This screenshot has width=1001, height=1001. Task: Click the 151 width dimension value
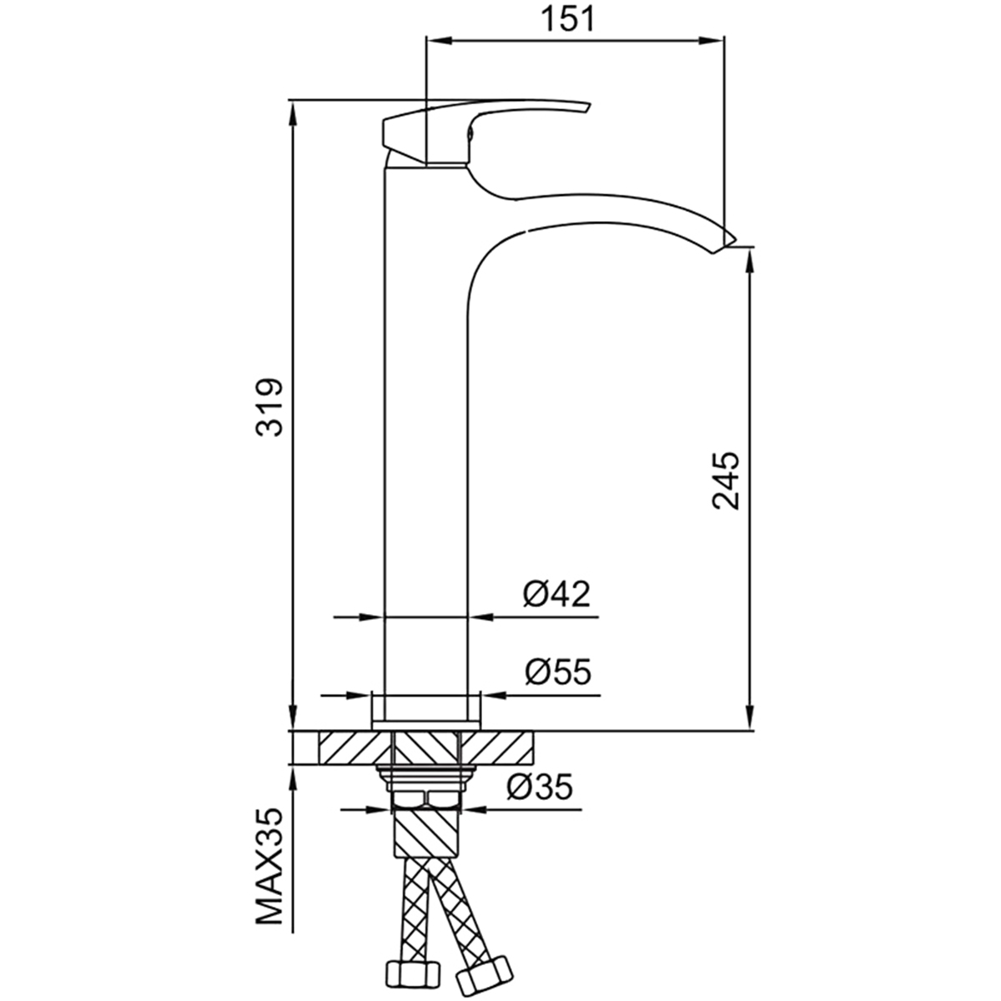tap(567, 19)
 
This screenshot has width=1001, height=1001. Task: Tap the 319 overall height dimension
tap(269, 407)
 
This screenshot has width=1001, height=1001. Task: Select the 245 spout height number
tap(726, 480)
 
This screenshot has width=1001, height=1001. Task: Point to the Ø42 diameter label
tap(556, 594)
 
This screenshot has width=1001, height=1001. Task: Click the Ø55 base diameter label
tap(558, 672)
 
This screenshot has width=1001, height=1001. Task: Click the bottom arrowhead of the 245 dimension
tap(749, 717)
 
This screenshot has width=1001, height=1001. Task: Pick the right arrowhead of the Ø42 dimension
tap(483, 617)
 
